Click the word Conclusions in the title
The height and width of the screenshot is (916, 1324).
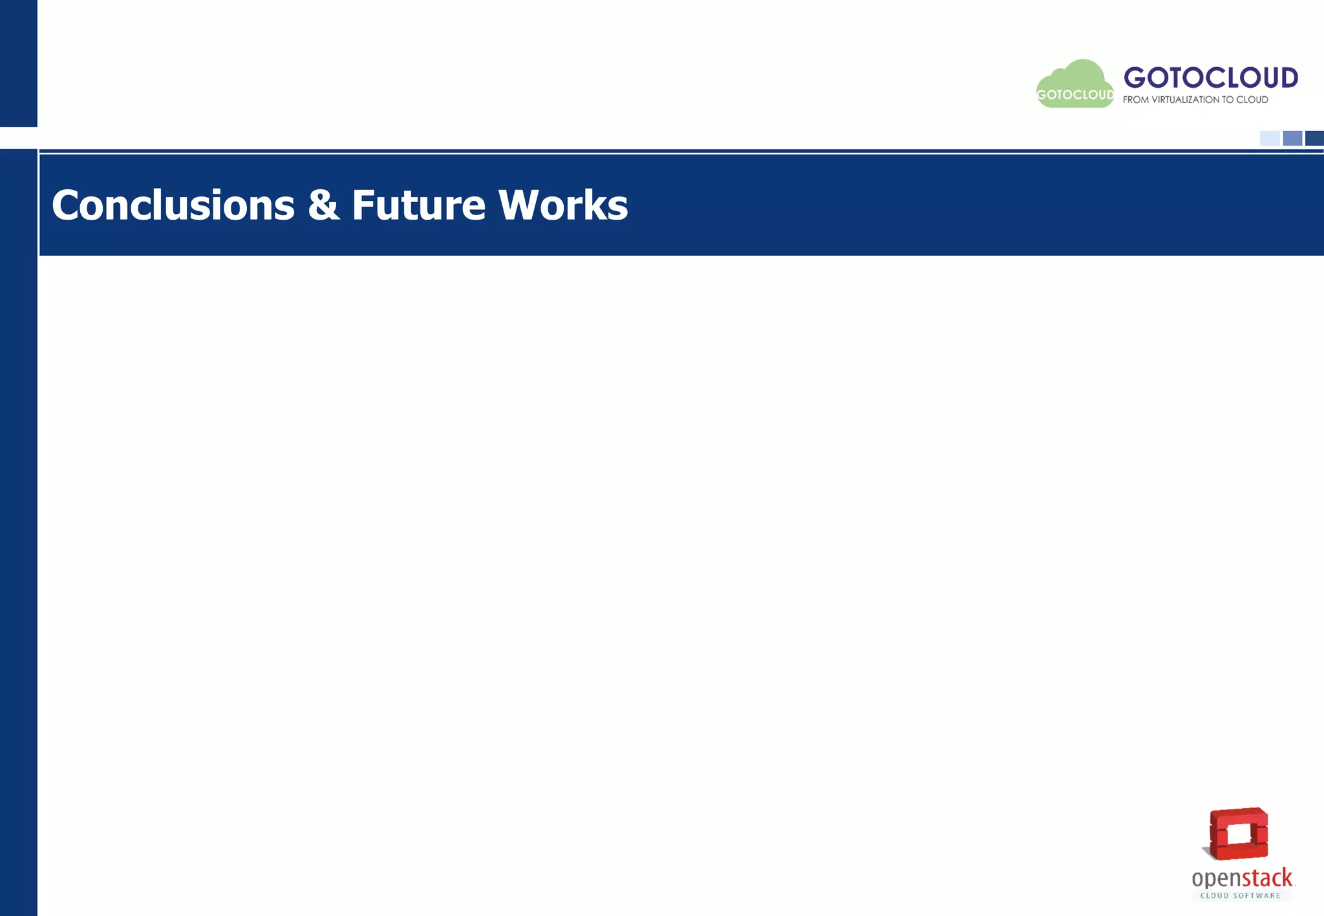tap(173, 205)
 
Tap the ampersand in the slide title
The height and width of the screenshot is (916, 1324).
tap(323, 205)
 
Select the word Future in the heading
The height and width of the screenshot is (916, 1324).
tap(418, 205)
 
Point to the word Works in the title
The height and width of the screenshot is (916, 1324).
tap(562, 205)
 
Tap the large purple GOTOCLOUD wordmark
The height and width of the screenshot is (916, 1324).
tap(1210, 78)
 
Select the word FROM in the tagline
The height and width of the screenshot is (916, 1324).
tap(1135, 99)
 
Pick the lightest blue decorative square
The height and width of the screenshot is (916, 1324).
tap(1270, 138)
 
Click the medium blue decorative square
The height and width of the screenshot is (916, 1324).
tap(1292, 138)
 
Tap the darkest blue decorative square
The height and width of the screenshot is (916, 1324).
tap(1314, 138)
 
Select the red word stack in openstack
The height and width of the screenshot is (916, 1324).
tap(1266, 879)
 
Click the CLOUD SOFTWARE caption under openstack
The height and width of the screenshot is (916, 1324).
tap(1240, 895)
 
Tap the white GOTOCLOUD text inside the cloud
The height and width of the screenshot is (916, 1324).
tap(1075, 95)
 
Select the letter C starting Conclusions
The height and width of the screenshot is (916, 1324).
tap(66, 205)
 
